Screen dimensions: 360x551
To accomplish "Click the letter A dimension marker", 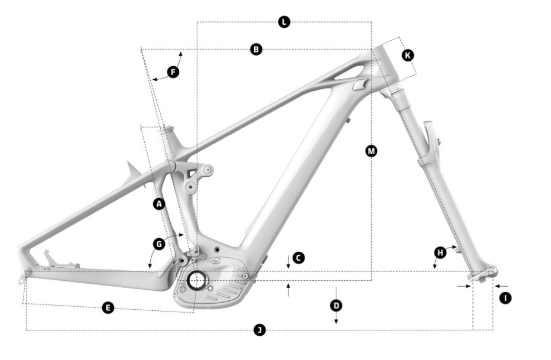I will [x=158, y=204].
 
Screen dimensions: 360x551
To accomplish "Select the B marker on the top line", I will [x=256, y=50].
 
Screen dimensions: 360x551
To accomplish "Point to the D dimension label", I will [x=336, y=305].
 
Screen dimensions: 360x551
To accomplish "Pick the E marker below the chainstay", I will [x=108, y=307].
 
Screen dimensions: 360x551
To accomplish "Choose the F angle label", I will [x=173, y=72].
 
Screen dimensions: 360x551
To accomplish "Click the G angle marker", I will [x=158, y=244].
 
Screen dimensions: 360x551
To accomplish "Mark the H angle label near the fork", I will [x=440, y=253].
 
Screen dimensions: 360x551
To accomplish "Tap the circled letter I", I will [x=505, y=298].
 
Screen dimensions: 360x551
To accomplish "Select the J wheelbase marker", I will [x=259, y=330].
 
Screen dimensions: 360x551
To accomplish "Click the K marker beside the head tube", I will [x=407, y=55].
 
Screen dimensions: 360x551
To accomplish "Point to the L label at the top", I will [x=284, y=22].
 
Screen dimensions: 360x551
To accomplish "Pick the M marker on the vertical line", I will [x=371, y=151].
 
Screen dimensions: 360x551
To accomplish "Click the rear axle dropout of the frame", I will [x=27, y=271].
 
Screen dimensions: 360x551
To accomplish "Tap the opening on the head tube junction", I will [x=359, y=85].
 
